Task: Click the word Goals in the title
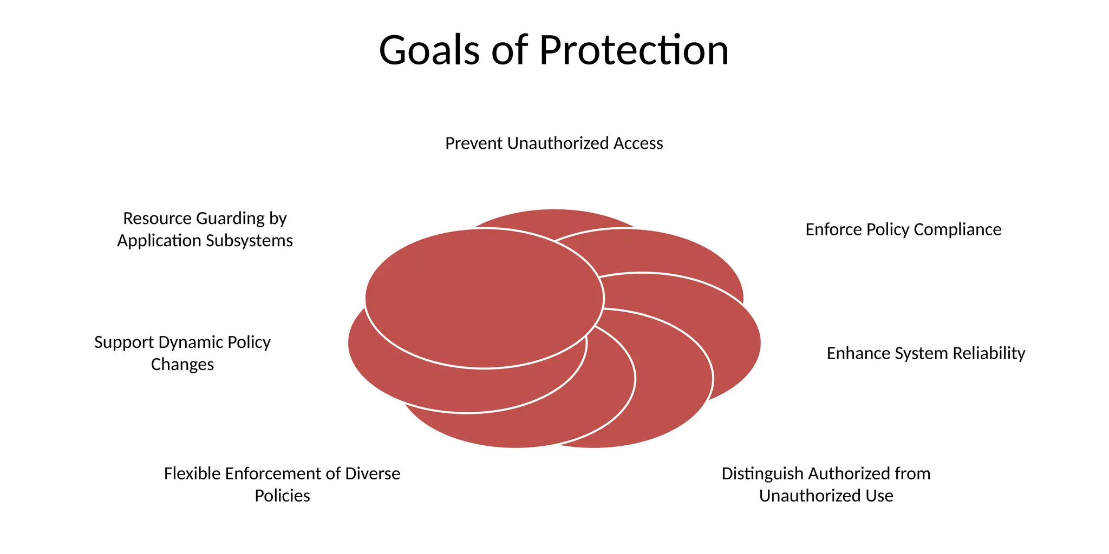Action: [x=429, y=50]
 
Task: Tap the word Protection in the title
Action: [x=634, y=50]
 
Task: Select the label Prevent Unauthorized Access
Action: [x=554, y=143]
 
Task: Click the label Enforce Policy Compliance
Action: [x=903, y=229]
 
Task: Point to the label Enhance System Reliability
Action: [x=925, y=353]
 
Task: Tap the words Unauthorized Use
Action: [x=826, y=496]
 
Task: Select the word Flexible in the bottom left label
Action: [x=192, y=473]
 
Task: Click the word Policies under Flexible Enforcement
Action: [x=282, y=496]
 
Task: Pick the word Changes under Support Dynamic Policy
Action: [x=182, y=365]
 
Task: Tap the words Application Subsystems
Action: [x=205, y=241]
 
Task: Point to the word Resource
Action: [x=158, y=219]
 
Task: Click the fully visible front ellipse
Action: [x=484, y=299]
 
